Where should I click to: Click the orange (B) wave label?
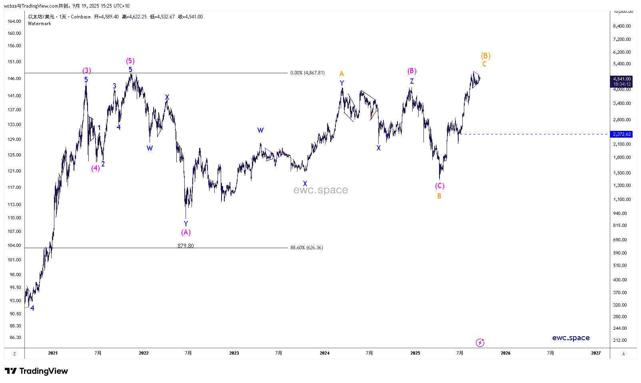(x=485, y=56)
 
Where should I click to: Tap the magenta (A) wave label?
(x=186, y=233)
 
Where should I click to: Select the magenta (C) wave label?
(x=439, y=186)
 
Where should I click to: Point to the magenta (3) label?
(x=87, y=71)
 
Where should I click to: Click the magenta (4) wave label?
(x=96, y=168)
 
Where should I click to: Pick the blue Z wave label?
(x=411, y=81)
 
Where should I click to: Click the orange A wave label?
(x=341, y=74)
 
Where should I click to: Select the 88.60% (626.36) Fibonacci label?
(x=307, y=248)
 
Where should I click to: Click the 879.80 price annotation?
(x=186, y=246)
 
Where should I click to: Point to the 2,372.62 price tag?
(x=622, y=134)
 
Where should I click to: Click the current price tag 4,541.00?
(x=622, y=79)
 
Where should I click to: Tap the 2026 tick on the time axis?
(x=505, y=353)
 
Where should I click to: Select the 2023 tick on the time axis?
(x=234, y=353)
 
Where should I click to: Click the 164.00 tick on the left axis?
(x=14, y=21)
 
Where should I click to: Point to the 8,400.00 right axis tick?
(x=622, y=26)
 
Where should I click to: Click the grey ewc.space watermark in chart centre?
(x=320, y=190)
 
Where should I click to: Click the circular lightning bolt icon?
(x=480, y=343)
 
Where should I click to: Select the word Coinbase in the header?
(x=81, y=17)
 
